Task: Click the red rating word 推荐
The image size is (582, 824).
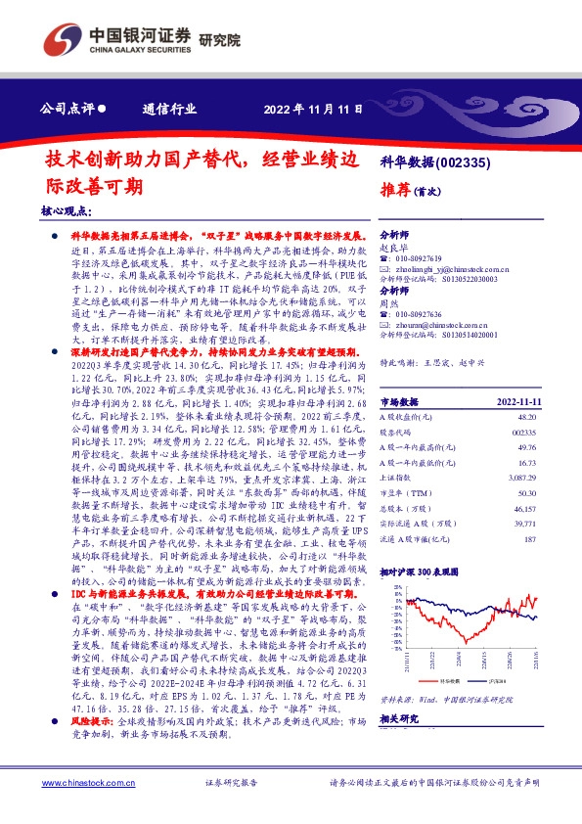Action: [396, 191]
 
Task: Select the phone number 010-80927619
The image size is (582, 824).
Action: [427, 258]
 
